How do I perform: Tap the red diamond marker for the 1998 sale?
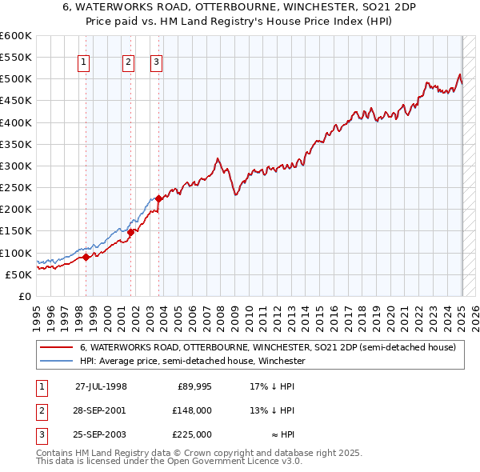pos(86,257)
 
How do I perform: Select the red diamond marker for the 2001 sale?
pos(131,232)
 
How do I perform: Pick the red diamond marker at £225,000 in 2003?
pos(159,198)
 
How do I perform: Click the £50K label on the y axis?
pos(18,274)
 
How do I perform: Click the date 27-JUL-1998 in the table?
pos(101,386)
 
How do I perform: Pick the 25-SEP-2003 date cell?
pos(101,434)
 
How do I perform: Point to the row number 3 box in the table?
pos(40,434)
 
